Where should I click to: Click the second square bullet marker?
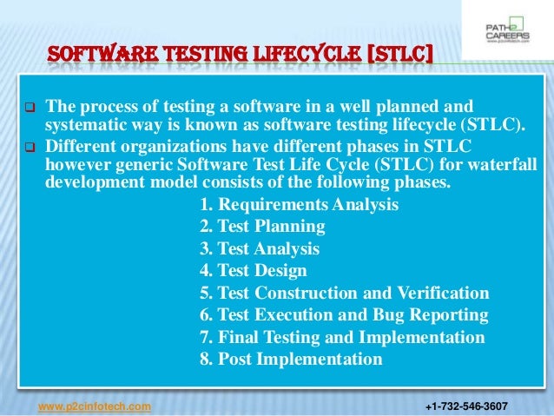click(25, 147)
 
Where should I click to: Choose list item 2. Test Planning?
click(262, 228)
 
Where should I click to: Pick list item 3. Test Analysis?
click(260, 249)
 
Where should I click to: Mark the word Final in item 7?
click(239, 337)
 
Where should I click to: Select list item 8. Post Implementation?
click(290, 359)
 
